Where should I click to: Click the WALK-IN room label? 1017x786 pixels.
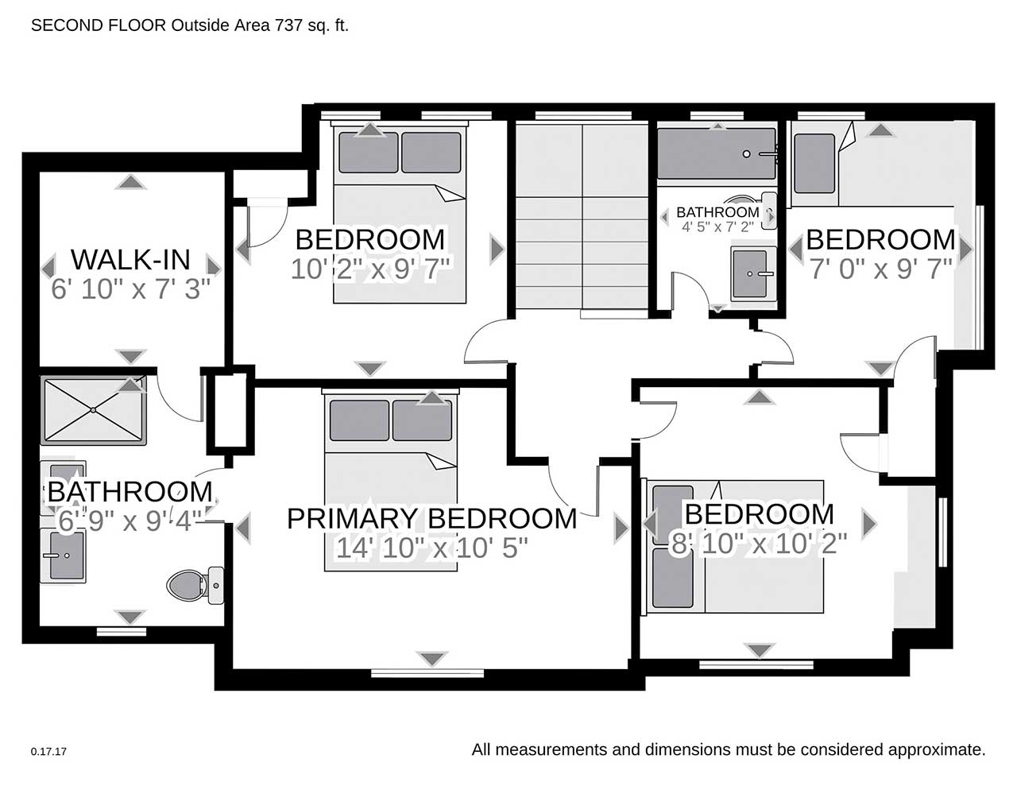(x=130, y=260)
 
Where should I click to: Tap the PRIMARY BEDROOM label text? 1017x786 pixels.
(x=431, y=519)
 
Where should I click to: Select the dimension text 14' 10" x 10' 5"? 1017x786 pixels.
(x=432, y=548)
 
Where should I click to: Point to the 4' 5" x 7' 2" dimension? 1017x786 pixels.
(x=717, y=227)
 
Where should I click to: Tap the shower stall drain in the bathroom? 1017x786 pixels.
(x=94, y=410)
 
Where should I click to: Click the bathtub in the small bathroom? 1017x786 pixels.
(x=717, y=153)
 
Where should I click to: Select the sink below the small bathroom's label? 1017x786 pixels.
(x=752, y=274)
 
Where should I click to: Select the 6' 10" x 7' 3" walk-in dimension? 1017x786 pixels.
(x=130, y=288)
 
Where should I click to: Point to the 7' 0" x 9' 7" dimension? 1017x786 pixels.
(x=881, y=269)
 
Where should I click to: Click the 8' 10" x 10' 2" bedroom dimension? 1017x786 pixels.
(x=759, y=544)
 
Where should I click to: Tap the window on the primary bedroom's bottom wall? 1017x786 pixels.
(x=427, y=673)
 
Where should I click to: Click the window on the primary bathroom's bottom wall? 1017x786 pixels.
(x=122, y=632)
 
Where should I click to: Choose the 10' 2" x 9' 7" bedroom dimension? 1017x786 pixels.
(x=370, y=269)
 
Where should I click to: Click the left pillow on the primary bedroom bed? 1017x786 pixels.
(x=359, y=420)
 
